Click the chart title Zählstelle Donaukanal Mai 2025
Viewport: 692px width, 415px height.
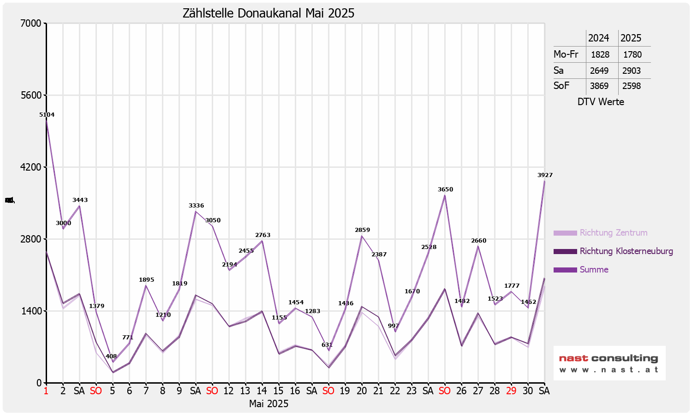pyautogui.click(x=268, y=13)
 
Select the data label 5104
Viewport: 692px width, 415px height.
pyautogui.click(x=47, y=115)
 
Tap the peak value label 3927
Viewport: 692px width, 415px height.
pyautogui.click(x=545, y=175)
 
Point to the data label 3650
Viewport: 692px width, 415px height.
pyautogui.click(x=445, y=190)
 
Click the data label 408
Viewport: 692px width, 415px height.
pyautogui.click(x=111, y=356)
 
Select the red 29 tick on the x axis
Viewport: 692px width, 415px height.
pyautogui.click(x=511, y=391)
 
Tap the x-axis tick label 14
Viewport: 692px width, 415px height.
pyautogui.click(x=262, y=391)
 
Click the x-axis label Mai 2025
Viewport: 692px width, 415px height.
pyautogui.click(x=268, y=404)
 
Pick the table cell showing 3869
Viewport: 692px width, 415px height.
pyautogui.click(x=599, y=86)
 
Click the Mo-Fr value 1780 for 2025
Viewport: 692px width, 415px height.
pyautogui.click(x=632, y=55)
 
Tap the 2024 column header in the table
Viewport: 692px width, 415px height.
pyautogui.click(x=598, y=38)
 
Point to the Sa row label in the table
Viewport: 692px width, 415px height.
pyautogui.click(x=559, y=71)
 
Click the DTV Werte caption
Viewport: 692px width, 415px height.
pyautogui.click(x=601, y=102)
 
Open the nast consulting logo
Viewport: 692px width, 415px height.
pyautogui.click(x=609, y=363)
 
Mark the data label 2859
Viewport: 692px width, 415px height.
pyautogui.click(x=362, y=230)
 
